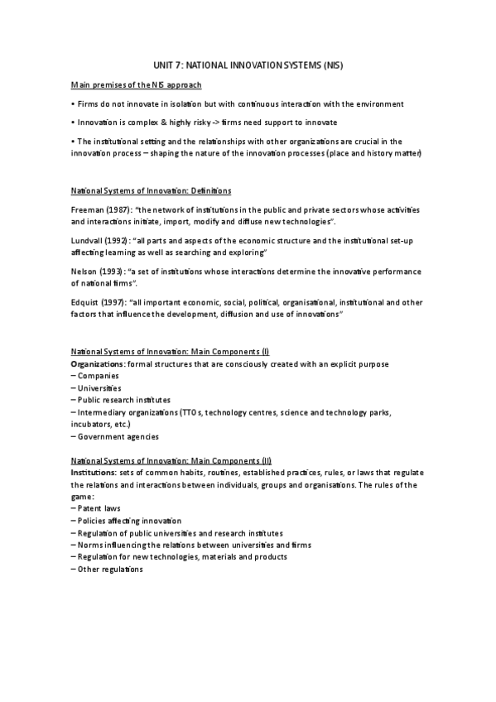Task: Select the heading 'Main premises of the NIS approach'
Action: pos(136,84)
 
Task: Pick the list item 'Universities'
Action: pos(98,387)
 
